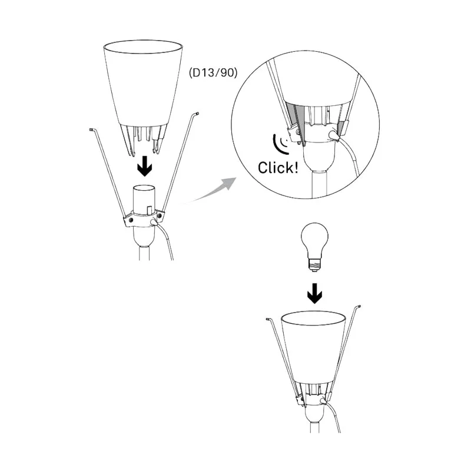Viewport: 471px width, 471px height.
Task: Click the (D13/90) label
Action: [213, 72]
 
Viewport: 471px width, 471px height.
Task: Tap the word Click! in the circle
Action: [278, 168]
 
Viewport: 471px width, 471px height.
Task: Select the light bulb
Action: [314, 247]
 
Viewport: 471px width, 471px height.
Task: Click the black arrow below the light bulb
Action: [314, 293]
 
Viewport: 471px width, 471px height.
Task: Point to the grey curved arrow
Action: [210, 190]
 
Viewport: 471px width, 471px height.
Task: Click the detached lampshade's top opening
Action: [143, 47]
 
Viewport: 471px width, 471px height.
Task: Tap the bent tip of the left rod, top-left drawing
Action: [92, 130]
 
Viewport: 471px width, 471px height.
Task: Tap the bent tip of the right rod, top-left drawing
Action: [195, 114]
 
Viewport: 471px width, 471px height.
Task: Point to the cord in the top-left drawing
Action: [165, 238]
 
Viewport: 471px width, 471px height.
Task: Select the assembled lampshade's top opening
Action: [313, 319]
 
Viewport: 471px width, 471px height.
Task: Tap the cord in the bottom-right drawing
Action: [332, 416]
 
